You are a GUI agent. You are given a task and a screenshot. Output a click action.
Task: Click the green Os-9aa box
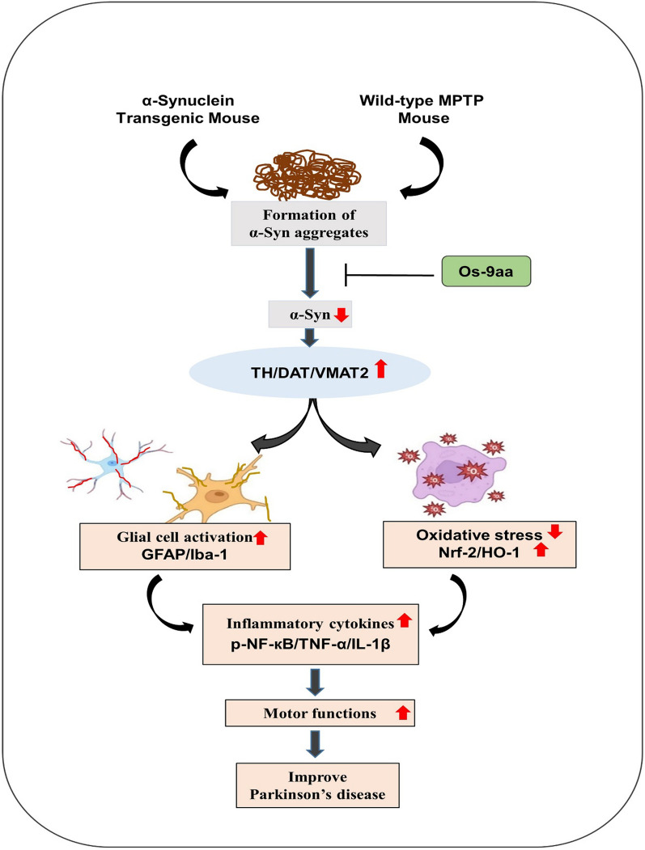[x=486, y=271]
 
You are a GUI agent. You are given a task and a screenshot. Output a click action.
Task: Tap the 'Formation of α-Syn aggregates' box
[x=308, y=223]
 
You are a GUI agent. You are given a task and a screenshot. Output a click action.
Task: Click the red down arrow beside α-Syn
[x=342, y=315]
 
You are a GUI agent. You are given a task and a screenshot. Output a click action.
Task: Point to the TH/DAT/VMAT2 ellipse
[x=309, y=372]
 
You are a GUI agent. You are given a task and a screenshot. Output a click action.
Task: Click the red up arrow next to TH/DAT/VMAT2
[x=380, y=369]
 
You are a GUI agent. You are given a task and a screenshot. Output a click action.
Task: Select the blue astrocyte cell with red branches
[x=113, y=463]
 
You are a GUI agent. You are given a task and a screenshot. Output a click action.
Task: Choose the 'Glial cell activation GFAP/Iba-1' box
[x=185, y=546]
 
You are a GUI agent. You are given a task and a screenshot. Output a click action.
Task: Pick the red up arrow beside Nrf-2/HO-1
[x=541, y=550]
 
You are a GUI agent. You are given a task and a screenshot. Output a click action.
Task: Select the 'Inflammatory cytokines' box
[x=310, y=634]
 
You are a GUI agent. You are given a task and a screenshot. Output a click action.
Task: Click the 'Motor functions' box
[x=320, y=713]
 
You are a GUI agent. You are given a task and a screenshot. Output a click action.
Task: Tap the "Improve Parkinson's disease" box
[x=318, y=785]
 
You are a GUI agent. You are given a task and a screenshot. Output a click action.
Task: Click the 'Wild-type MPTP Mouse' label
[x=422, y=109]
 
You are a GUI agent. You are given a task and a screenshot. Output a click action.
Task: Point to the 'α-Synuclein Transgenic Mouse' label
[x=188, y=109]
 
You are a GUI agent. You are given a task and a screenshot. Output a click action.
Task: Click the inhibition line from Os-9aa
[x=390, y=276]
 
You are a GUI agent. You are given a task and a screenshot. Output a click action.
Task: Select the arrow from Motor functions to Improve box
[x=315, y=743]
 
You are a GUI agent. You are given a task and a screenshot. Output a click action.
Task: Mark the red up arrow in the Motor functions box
[x=402, y=713]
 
